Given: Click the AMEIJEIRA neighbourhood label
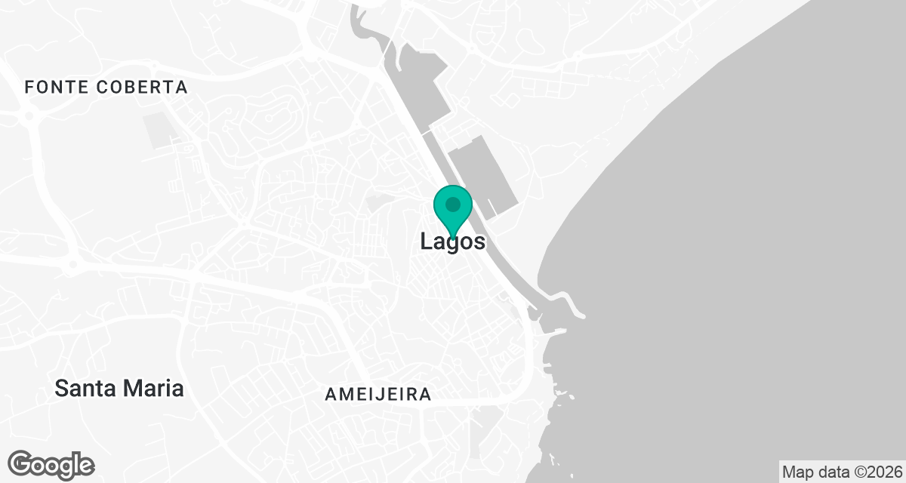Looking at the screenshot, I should tap(378, 394).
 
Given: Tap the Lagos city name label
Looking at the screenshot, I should tap(452, 242).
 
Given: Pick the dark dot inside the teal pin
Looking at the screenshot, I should tap(453, 205).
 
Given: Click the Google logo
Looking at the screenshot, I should tap(51, 465).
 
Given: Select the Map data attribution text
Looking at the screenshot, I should tap(841, 472).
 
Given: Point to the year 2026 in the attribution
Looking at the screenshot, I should tap(883, 472).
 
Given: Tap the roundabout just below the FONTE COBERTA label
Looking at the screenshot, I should tap(31, 115).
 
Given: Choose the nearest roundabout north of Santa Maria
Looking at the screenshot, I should tap(72, 264).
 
